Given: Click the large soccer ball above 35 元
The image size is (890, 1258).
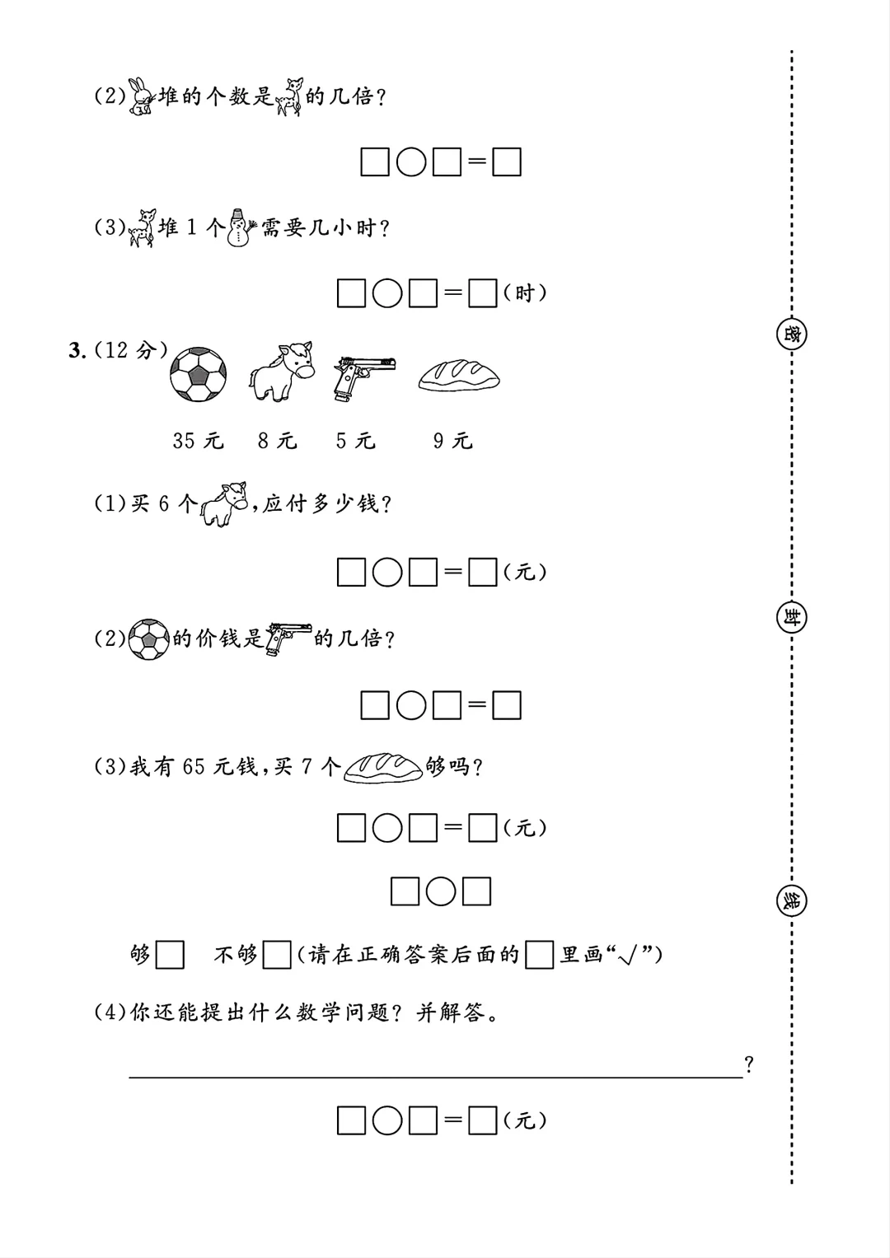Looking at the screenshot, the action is pyautogui.click(x=198, y=373).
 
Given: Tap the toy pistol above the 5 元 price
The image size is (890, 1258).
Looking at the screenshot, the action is pyautogui.click(x=363, y=376).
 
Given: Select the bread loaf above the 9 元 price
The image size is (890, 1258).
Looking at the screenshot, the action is pyautogui.click(x=459, y=375).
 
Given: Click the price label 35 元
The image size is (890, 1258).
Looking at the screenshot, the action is pyautogui.click(x=198, y=441).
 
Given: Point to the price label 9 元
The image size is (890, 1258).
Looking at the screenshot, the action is pyautogui.click(x=453, y=441).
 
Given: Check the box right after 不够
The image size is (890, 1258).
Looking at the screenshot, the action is pyautogui.click(x=277, y=955).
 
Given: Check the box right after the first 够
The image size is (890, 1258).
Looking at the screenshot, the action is pyautogui.click(x=170, y=955).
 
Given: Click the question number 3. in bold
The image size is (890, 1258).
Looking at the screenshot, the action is pyautogui.click(x=77, y=351).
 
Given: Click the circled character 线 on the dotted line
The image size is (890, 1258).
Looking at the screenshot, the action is pyautogui.click(x=791, y=900).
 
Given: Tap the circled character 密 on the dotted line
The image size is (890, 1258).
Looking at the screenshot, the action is pyautogui.click(x=791, y=334).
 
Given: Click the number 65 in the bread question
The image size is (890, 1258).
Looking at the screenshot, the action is pyautogui.click(x=194, y=767).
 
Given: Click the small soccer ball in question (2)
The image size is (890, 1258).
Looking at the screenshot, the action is pyautogui.click(x=148, y=638).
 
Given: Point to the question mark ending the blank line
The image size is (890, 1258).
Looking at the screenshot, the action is pyautogui.click(x=748, y=1064).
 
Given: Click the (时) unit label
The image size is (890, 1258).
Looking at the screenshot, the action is pyautogui.click(x=525, y=293).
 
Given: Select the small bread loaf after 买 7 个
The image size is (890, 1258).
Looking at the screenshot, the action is pyautogui.click(x=382, y=767).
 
